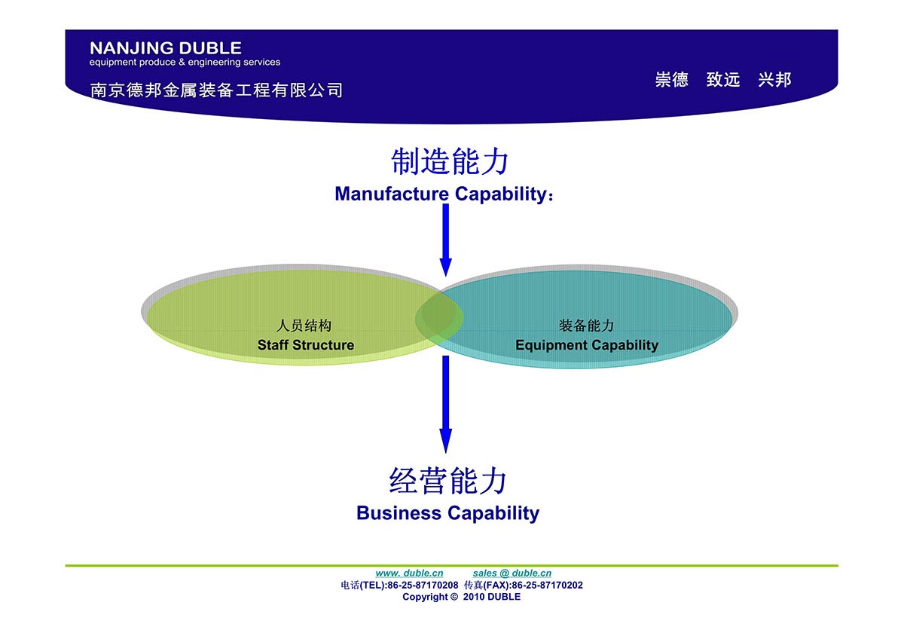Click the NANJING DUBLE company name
click(166, 49)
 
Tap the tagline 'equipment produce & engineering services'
click(185, 63)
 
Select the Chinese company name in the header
click(216, 90)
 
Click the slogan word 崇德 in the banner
click(671, 80)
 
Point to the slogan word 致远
click(723, 80)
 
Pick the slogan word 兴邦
click(774, 80)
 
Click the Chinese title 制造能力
click(450, 162)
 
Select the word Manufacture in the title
click(391, 194)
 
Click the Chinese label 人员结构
click(304, 326)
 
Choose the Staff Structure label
click(305, 345)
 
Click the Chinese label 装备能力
click(586, 326)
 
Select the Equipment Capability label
click(586, 345)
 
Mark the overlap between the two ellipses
click(440, 318)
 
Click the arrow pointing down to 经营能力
click(445, 403)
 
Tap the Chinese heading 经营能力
click(447, 481)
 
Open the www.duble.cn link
click(409, 573)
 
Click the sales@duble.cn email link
click(512, 573)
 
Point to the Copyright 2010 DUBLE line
click(461, 597)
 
